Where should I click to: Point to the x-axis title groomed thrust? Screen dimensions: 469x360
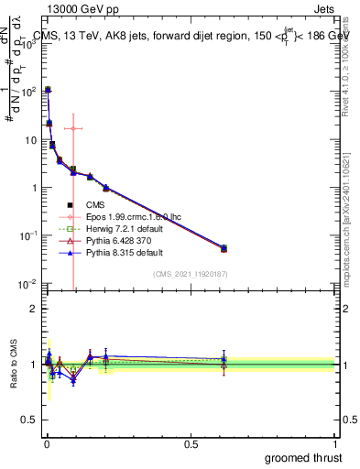[x=303, y=457]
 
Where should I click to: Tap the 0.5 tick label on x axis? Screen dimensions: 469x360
[x=191, y=444]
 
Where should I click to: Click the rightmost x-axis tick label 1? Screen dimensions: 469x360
[x=335, y=444]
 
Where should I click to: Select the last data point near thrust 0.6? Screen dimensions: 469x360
[x=224, y=248]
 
